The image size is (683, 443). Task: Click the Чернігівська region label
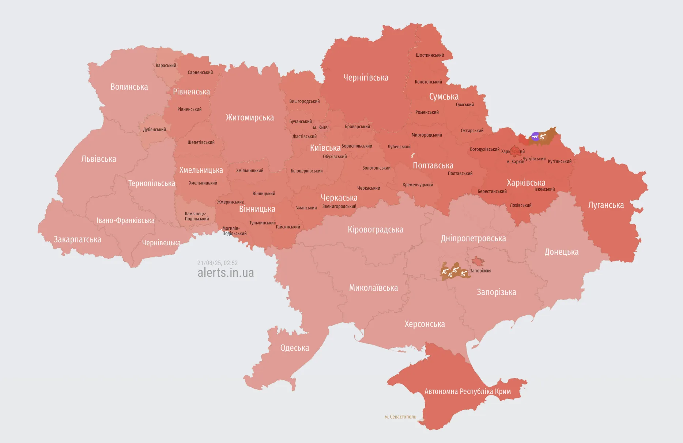pyautogui.click(x=366, y=78)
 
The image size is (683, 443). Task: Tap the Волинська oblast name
pyautogui.click(x=129, y=87)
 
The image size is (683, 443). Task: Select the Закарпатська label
pyautogui.click(x=78, y=239)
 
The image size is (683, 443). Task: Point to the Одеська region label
pyautogui.click(x=294, y=348)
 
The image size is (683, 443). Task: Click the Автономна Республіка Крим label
pyautogui.click(x=467, y=391)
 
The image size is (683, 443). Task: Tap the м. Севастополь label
pyautogui.click(x=400, y=417)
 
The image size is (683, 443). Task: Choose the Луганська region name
pyautogui.click(x=606, y=205)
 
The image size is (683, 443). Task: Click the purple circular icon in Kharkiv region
pyautogui.click(x=535, y=137)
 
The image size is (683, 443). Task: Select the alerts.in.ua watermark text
pyautogui.click(x=226, y=273)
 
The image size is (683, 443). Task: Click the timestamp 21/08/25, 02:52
pyautogui.click(x=218, y=263)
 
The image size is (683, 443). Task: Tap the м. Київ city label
pyautogui.click(x=320, y=127)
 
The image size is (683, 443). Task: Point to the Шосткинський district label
pyautogui.click(x=430, y=55)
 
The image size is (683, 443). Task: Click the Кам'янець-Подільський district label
pyautogui.click(x=197, y=216)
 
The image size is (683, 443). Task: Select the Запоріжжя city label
pyautogui.click(x=480, y=271)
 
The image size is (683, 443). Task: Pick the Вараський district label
pyautogui.click(x=166, y=66)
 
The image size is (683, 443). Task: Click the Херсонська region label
pyautogui.click(x=424, y=324)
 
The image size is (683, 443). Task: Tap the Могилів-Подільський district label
pyautogui.click(x=234, y=231)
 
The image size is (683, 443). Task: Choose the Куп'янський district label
pyautogui.click(x=559, y=161)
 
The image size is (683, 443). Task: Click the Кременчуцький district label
pyautogui.click(x=418, y=185)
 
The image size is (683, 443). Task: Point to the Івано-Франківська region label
pyautogui.click(x=125, y=220)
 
